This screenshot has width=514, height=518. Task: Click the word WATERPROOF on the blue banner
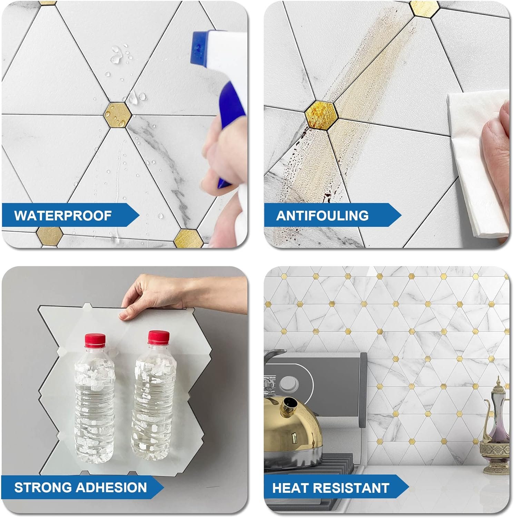click(63, 215)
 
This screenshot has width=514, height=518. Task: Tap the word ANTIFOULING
click(322, 215)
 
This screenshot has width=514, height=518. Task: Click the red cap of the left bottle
click(95, 340)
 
